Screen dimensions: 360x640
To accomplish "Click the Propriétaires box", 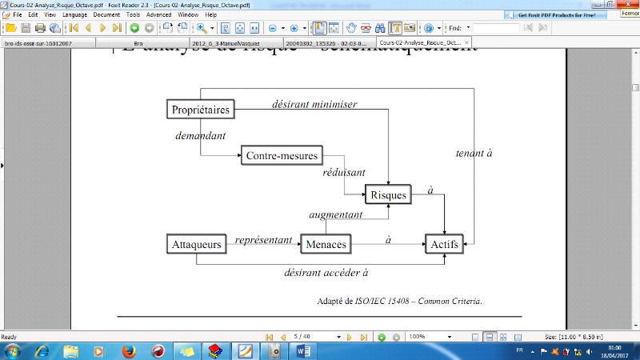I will tap(201, 109).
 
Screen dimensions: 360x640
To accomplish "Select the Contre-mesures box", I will tap(282, 155).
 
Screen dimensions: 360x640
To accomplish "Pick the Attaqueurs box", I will tap(196, 244).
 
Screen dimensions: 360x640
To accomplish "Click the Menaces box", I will tap(326, 244).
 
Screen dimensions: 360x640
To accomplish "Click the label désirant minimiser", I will tap(314, 104).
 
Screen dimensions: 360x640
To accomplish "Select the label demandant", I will tap(200, 136).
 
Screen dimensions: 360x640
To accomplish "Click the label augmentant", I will tap(336, 215).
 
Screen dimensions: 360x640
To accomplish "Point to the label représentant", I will tap(263, 239).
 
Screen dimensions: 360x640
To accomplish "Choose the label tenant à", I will tap(474, 153).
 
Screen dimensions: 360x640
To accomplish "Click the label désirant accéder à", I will tap(326, 272).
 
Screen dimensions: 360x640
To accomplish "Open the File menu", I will tap(17, 14).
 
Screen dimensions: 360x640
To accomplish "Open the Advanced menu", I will tap(158, 14).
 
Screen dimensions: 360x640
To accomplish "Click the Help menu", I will tap(210, 14).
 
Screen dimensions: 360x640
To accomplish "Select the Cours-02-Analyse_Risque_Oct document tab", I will tap(421, 42).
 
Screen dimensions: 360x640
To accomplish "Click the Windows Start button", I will tap(15, 350).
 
